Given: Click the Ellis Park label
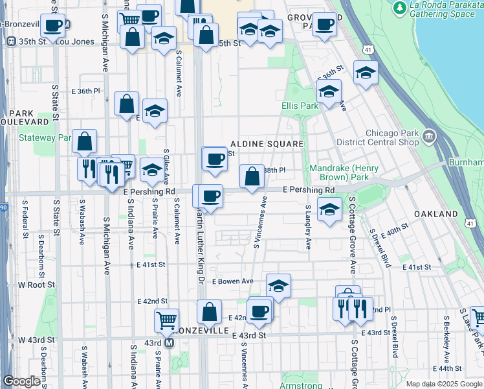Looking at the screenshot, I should coord(300,106).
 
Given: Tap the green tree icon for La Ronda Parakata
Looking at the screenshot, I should coord(399,7).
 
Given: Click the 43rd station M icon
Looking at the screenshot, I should coord(170,342).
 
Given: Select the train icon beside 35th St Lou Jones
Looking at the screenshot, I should coord(10,41).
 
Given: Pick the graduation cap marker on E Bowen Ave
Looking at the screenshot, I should coord(278,286).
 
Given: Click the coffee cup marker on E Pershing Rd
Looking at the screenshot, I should coord(210,196).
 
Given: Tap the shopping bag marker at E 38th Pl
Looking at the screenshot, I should coord(251,176).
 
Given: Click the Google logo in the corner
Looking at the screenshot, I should coord(21,381).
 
